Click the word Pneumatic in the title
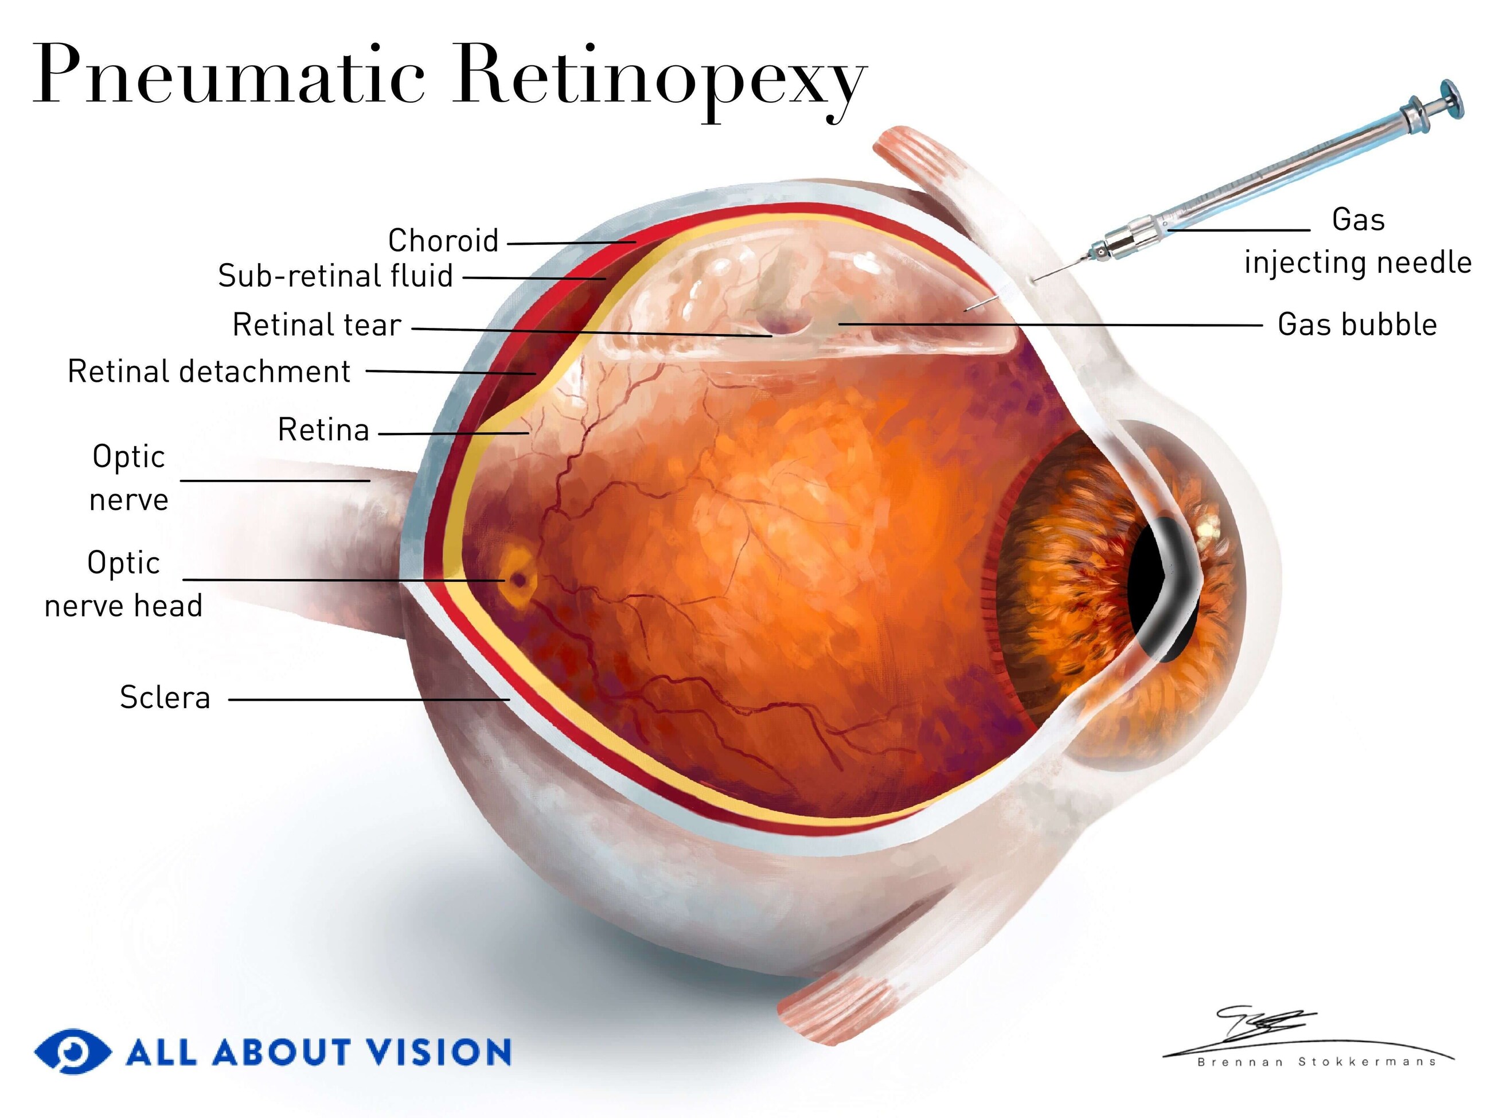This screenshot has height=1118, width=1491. coord(229,74)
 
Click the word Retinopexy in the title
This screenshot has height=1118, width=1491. coord(660,81)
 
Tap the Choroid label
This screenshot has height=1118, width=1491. coord(443,241)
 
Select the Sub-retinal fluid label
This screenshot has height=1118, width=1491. coord(335,276)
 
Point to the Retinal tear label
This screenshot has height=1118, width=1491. coord(317,325)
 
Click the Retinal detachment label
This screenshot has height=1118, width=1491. coord(209,372)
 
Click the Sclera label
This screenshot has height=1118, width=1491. coord(165,698)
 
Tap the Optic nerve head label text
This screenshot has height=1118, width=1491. coord(123,584)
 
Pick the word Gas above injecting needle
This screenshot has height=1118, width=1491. coord(1358,220)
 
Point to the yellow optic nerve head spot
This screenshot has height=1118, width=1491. coord(518,577)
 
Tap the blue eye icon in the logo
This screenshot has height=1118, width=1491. coord(73,1051)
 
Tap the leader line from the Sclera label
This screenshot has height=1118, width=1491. coord(369,699)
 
